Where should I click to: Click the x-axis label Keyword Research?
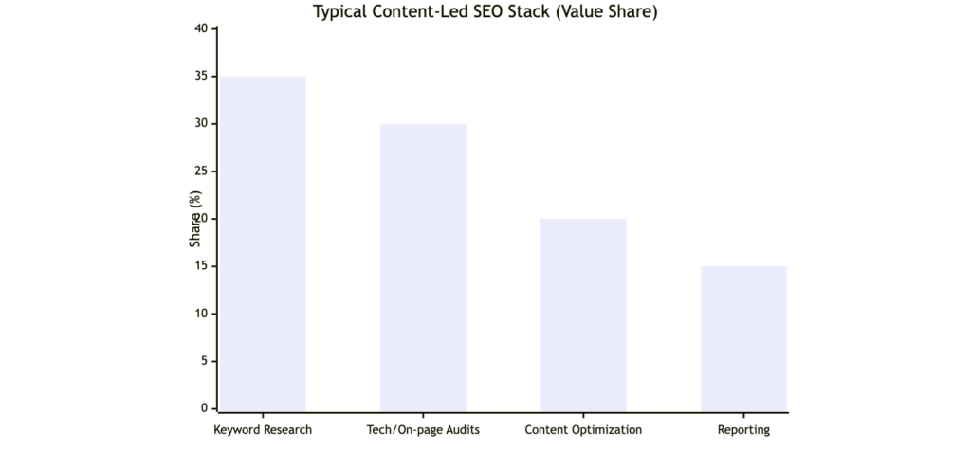[x=263, y=430]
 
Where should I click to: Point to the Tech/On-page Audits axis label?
[x=423, y=430]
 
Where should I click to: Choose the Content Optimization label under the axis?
[x=583, y=430]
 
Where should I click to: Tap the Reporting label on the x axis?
[x=743, y=430]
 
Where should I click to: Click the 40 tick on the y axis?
[x=201, y=28]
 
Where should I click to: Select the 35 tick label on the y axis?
[x=201, y=76]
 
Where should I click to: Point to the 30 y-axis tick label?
[x=201, y=123]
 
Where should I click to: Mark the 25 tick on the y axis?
[x=201, y=171]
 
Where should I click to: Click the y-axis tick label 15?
[x=201, y=266]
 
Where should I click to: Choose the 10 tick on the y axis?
[x=201, y=314]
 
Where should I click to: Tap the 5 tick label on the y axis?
[x=204, y=361]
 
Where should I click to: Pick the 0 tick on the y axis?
[x=204, y=408]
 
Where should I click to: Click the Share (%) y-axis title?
[x=195, y=220]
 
